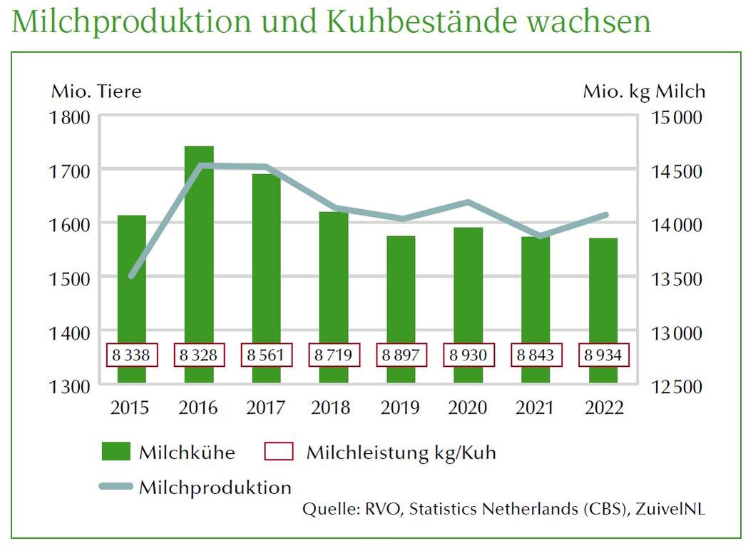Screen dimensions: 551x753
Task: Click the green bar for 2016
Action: point(199,243)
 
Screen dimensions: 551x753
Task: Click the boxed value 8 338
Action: point(131,355)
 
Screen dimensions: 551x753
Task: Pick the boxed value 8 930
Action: point(468,355)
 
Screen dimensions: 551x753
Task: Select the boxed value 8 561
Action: point(266,355)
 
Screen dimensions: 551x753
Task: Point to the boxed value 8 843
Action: point(536,355)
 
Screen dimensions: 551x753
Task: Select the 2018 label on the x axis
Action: point(333,408)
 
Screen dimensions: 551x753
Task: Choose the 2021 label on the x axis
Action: point(536,408)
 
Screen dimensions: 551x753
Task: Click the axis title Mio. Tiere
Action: point(96,91)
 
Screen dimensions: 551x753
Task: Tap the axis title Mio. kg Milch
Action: point(643,91)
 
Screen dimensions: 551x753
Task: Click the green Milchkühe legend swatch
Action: point(116,452)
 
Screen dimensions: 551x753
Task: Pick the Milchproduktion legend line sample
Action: point(116,487)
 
